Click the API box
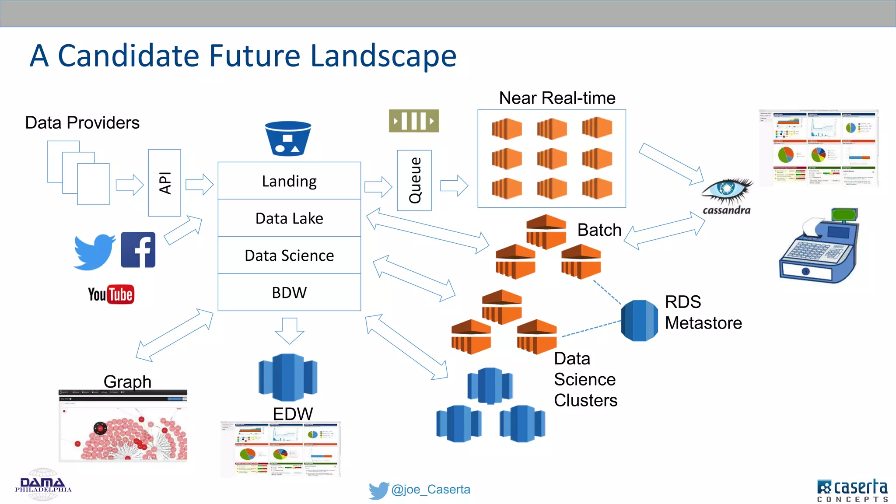click(x=164, y=183)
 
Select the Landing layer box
click(x=289, y=181)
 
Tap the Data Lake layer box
click(x=289, y=218)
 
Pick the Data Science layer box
click(x=289, y=255)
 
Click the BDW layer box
click(x=289, y=292)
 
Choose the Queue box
click(x=414, y=180)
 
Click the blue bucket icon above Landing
click(x=288, y=139)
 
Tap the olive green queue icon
click(x=414, y=121)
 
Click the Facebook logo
click(x=138, y=249)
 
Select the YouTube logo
click(x=111, y=294)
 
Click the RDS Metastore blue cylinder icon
click(x=639, y=321)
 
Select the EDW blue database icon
click(x=288, y=377)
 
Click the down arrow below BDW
click(x=289, y=331)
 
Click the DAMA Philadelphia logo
click(x=43, y=485)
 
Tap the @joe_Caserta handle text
click(x=430, y=490)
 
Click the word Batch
click(x=599, y=230)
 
